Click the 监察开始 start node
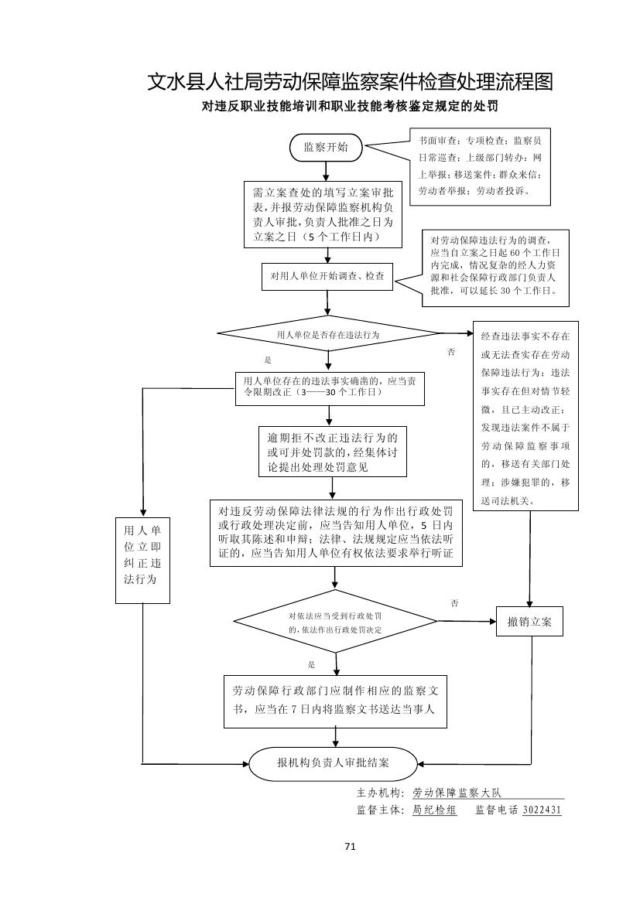325,147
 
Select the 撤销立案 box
530,623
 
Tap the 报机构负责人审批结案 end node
334,763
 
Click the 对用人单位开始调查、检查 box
327,276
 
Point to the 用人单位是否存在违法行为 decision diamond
329,335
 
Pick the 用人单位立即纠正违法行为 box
142,559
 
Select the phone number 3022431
542,810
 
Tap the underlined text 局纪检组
435,810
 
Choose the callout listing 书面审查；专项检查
480,166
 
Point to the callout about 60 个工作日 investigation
496,267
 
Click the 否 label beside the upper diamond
452,353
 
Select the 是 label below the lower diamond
311,664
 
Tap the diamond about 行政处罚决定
335,623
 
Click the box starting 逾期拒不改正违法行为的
333,452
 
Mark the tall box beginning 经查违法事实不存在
525,416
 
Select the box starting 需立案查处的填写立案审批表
323,214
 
